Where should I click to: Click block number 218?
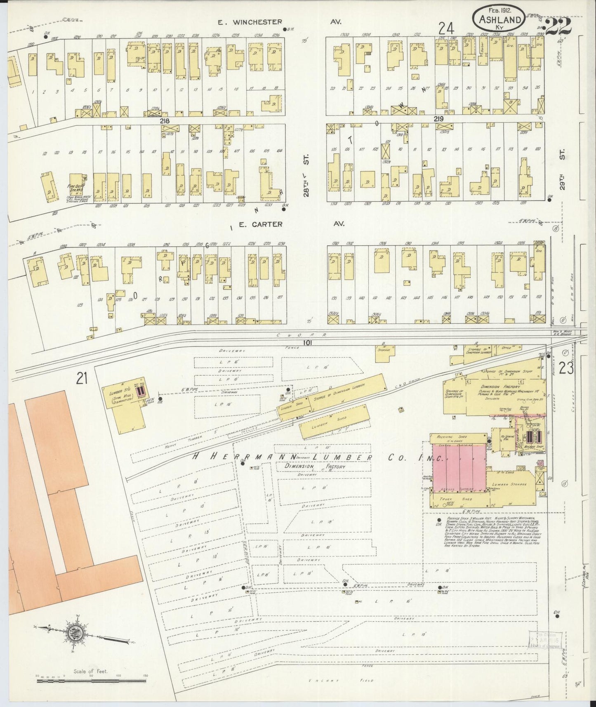(166, 121)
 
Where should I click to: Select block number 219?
(438, 119)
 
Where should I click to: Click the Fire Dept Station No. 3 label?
(77, 189)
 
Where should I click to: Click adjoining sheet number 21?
(82, 378)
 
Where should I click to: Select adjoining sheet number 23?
(566, 368)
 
